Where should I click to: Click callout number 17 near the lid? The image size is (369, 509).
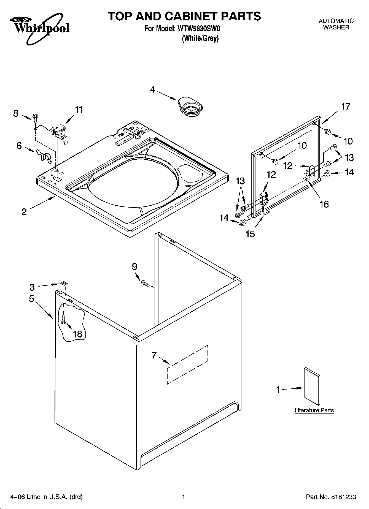346,107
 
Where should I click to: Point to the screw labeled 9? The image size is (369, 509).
145,283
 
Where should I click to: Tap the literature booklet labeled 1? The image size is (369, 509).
312,386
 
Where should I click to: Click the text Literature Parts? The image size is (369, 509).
314,410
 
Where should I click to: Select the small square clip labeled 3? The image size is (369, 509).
63,283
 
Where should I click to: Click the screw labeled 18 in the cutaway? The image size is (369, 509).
63,319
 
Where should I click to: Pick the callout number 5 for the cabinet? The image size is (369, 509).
31,299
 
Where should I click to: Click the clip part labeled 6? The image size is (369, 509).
44,156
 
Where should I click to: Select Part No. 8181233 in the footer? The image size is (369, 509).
331,497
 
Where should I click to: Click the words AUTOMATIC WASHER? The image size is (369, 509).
336,24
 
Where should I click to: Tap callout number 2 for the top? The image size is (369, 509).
24,212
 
